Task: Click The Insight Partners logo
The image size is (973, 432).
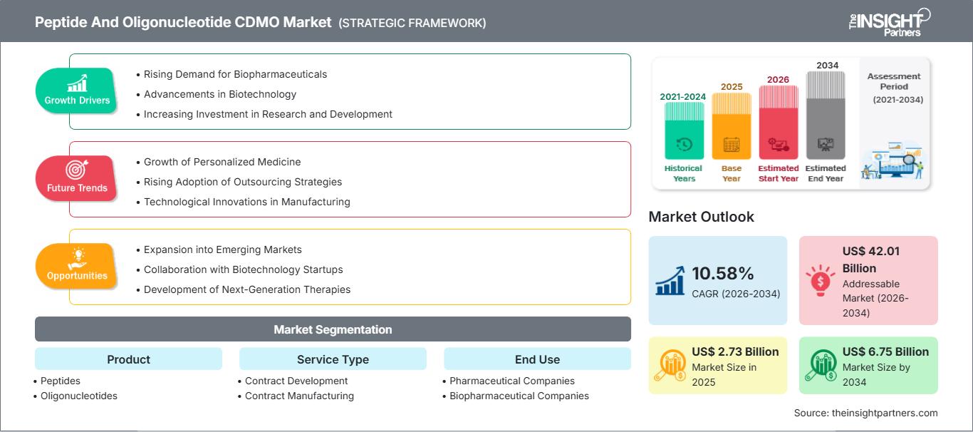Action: [890, 22]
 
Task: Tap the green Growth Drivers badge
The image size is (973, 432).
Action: [77, 91]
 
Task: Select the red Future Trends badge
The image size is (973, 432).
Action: [76, 178]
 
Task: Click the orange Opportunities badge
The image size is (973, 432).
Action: [76, 266]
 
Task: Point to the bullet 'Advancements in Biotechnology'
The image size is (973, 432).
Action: [219, 94]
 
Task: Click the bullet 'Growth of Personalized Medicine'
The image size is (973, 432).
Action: [222, 162]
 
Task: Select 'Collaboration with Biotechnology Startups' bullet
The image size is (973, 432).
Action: [243, 269]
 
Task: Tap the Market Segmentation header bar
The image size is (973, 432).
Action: [333, 329]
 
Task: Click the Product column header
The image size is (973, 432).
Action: [128, 359]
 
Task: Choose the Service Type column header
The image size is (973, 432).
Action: [333, 359]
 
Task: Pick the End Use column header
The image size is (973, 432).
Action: [537, 359]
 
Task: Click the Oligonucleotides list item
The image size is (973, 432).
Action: [78, 396]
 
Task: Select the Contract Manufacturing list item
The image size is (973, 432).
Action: [299, 396]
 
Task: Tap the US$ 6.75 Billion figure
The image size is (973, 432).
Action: [885, 351]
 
